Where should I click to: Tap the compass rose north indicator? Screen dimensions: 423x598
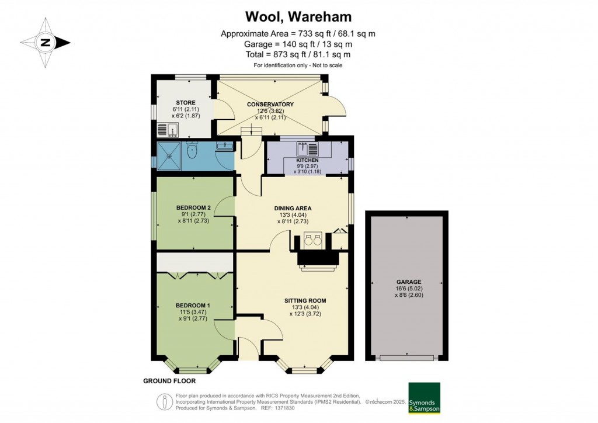point(46,42)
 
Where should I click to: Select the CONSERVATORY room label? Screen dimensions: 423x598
point(270,105)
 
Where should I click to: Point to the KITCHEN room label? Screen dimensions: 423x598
point(307,160)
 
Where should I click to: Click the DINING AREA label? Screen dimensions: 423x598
point(293,208)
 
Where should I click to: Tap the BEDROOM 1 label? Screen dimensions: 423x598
point(193,306)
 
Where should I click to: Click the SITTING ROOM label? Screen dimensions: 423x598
point(305,301)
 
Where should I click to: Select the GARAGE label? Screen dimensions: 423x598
point(407,282)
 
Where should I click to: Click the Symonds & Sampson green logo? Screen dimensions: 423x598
point(424,398)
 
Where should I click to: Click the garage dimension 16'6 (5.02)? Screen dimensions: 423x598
point(407,289)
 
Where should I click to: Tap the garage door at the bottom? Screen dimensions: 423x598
point(406,358)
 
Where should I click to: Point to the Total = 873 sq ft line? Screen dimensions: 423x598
point(298,54)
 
